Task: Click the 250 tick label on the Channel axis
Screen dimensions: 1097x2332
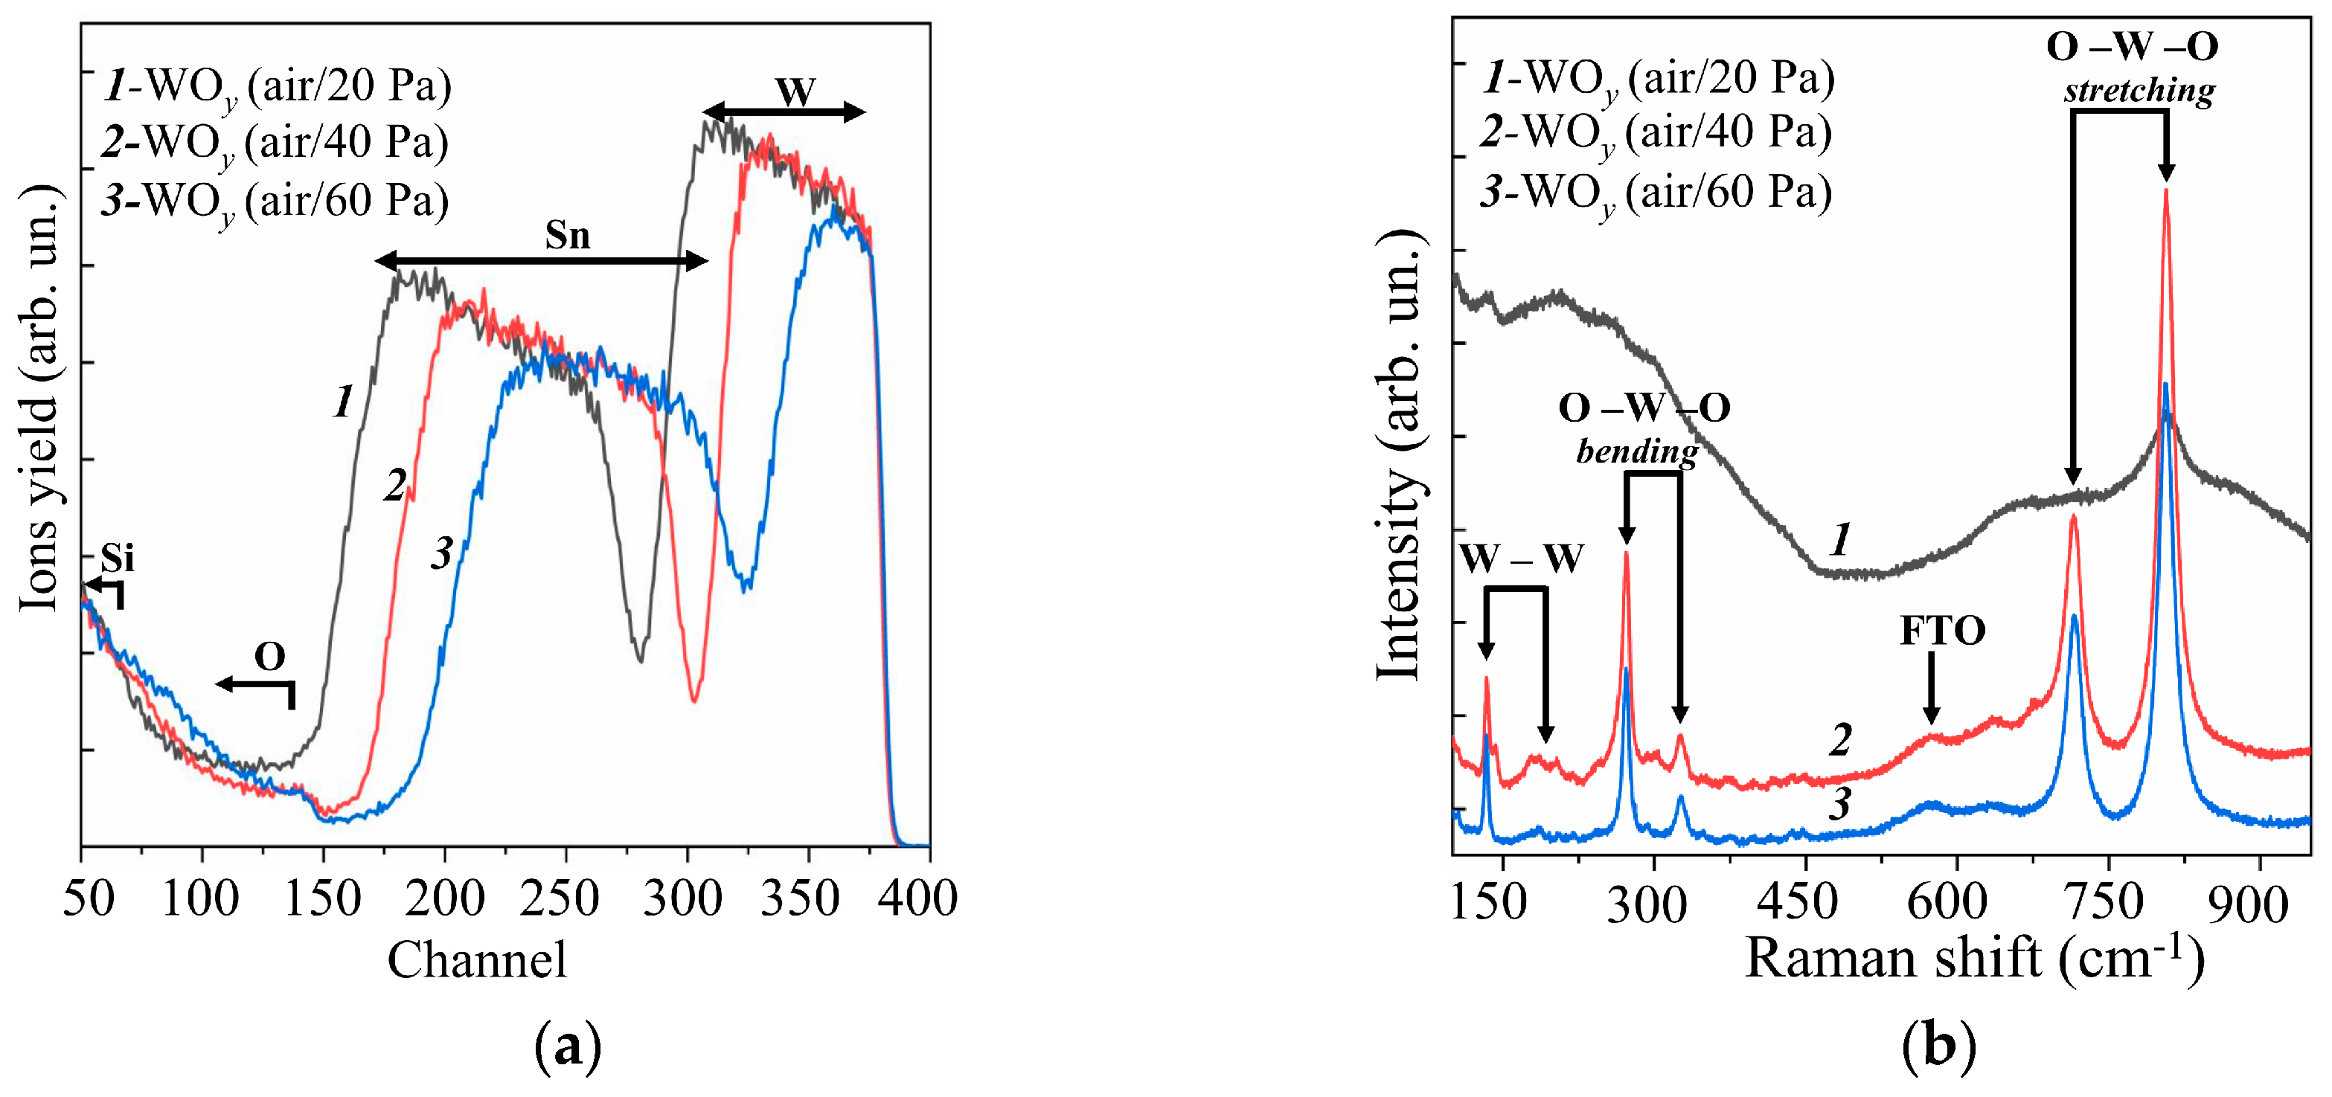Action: point(560,898)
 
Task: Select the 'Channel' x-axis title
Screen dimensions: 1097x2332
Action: point(477,960)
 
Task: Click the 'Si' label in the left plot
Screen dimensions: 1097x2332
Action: point(118,558)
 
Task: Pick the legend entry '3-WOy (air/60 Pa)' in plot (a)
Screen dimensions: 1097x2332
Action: point(276,201)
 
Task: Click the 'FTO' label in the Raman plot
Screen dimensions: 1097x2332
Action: point(1942,631)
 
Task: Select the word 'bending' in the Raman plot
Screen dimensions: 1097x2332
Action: point(1637,451)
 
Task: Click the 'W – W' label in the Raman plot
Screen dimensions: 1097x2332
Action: point(1522,559)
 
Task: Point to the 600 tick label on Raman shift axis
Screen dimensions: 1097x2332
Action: point(1947,902)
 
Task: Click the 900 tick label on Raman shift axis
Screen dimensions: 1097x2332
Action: point(2247,902)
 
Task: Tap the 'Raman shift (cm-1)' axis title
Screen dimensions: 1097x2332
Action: point(1973,958)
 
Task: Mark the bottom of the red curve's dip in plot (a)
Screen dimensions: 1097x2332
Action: point(693,700)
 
